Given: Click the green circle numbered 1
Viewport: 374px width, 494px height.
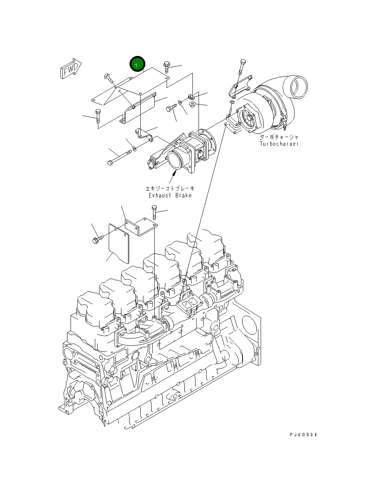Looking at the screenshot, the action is [x=137, y=64].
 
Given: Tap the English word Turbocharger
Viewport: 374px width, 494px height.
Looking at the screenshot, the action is [x=279, y=144].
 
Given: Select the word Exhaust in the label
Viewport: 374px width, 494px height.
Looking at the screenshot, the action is [x=160, y=195].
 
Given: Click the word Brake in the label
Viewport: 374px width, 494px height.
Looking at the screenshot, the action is [x=184, y=195].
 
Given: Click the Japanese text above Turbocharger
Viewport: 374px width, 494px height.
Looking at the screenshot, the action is [x=279, y=137].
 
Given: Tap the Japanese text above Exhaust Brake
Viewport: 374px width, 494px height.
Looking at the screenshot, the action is [x=170, y=188].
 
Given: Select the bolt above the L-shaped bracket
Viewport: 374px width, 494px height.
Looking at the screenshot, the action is [x=154, y=212].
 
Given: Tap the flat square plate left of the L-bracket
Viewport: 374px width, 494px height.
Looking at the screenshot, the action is [x=119, y=244].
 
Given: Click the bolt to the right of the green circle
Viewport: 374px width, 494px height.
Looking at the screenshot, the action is [x=167, y=67].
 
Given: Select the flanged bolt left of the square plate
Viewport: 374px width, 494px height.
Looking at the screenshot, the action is [x=98, y=239].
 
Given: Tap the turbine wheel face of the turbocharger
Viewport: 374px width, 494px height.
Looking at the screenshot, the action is [x=248, y=118].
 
